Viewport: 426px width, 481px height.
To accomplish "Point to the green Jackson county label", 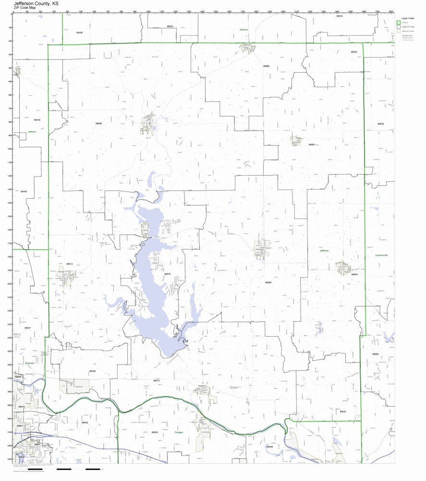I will [32, 131].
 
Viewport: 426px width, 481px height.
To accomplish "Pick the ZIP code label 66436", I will [79, 33].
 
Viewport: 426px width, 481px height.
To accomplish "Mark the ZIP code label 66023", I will [170, 26].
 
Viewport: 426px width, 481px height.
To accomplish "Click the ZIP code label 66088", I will [98, 124].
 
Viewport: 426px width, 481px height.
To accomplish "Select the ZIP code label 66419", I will [37, 120].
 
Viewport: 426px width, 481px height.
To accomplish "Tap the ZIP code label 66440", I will [24, 191].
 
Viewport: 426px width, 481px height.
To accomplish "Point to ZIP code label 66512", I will [70, 264].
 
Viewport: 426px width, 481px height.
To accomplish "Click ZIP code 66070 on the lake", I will [167, 274].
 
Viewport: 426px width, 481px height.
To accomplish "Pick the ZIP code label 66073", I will [156, 380].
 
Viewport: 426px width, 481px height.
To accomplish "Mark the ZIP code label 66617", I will [28, 328].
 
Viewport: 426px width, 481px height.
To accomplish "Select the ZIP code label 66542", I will [85, 422].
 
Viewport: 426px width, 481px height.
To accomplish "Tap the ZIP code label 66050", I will [155, 432].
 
